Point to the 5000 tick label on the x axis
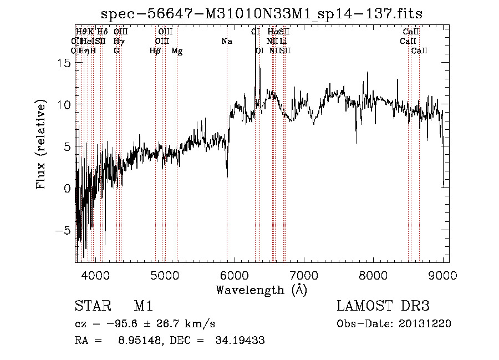tap(165, 275)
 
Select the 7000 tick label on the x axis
tap(304, 275)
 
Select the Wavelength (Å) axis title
tap(261, 290)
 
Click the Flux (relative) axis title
tap(42, 144)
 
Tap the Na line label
tap(227, 42)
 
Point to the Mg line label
tap(177, 51)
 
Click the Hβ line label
tap(155, 51)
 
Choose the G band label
tap(116, 51)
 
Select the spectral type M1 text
tap(143, 306)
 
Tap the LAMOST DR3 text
tap(383, 306)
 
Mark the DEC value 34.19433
tap(240, 341)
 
